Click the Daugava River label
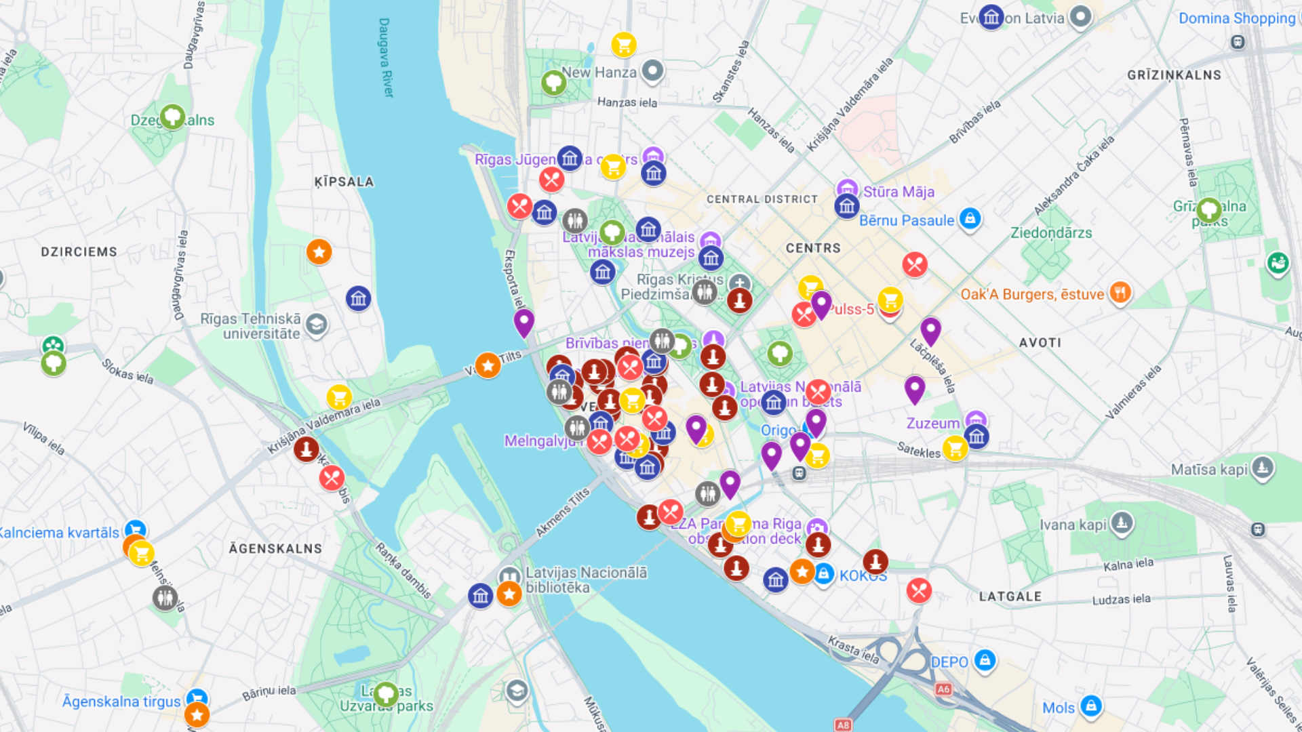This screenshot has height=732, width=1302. point(384,58)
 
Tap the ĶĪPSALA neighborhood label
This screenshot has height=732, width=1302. point(344,182)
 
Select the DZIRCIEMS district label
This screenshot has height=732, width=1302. point(79,252)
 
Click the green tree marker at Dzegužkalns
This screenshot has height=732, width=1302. point(172,116)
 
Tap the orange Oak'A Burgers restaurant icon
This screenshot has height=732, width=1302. point(1120,293)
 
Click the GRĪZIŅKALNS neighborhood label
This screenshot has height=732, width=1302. point(1174,75)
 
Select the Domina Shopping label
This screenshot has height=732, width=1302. point(1236,18)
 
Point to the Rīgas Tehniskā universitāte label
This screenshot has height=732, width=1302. point(251,326)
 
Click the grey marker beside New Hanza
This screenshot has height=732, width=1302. point(652,70)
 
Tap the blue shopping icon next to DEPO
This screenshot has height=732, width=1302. point(985,659)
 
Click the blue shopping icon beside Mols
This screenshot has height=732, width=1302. point(1090,706)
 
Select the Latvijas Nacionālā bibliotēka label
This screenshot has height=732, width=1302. point(586,580)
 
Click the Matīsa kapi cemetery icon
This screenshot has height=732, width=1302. point(1262,467)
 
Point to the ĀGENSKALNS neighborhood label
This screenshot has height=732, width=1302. point(275,548)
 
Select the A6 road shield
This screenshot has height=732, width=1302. point(943,689)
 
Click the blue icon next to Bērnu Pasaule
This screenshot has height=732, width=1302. point(970,219)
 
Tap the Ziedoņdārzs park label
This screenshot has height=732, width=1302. point(1051,233)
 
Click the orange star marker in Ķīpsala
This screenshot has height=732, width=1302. point(319,252)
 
